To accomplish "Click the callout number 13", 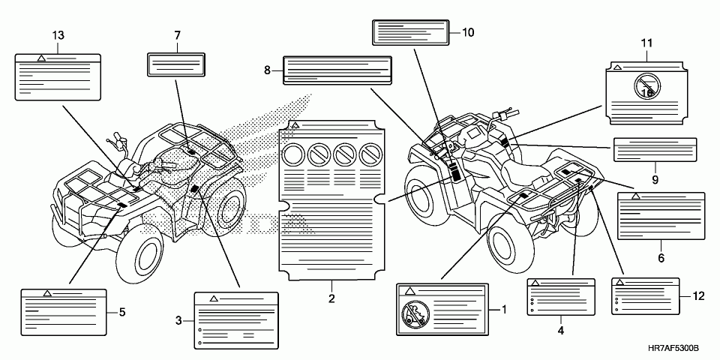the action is (x=58, y=35).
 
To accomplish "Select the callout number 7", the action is (x=177, y=35).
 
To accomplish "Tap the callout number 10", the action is (x=468, y=32).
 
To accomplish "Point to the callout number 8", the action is (x=267, y=70).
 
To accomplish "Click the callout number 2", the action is (x=331, y=298).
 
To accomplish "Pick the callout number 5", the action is (x=122, y=312).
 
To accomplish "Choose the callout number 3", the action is (x=178, y=320).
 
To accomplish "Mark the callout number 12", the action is (x=698, y=297).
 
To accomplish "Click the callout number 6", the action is (x=661, y=258).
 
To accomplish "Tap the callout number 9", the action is (x=655, y=179).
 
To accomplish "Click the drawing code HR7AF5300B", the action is (x=673, y=349).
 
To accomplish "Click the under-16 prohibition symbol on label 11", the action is (x=647, y=87).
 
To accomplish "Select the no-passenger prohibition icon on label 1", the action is (x=415, y=314).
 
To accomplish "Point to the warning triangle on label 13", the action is (x=41, y=58).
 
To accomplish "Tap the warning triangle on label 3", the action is (x=213, y=298).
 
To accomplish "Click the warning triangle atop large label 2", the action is (x=295, y=125).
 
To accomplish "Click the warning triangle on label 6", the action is (x=635, y=196).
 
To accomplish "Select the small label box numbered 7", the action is (x=175, y=64).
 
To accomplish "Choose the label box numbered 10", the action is (x=410, y=32).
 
